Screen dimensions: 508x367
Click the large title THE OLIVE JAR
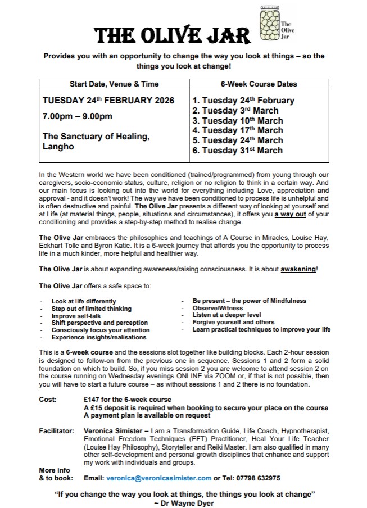point(173,37)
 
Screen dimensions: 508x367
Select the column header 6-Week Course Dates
point(259,84)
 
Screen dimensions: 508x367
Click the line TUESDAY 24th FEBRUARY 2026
point(108,101)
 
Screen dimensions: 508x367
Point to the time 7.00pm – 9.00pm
point(78,117)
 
